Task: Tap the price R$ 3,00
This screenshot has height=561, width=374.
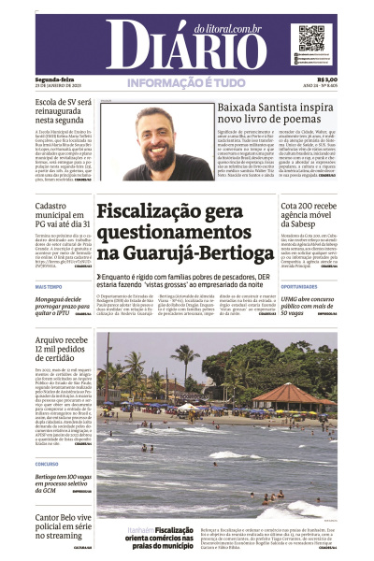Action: click(x=327, y=79)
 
